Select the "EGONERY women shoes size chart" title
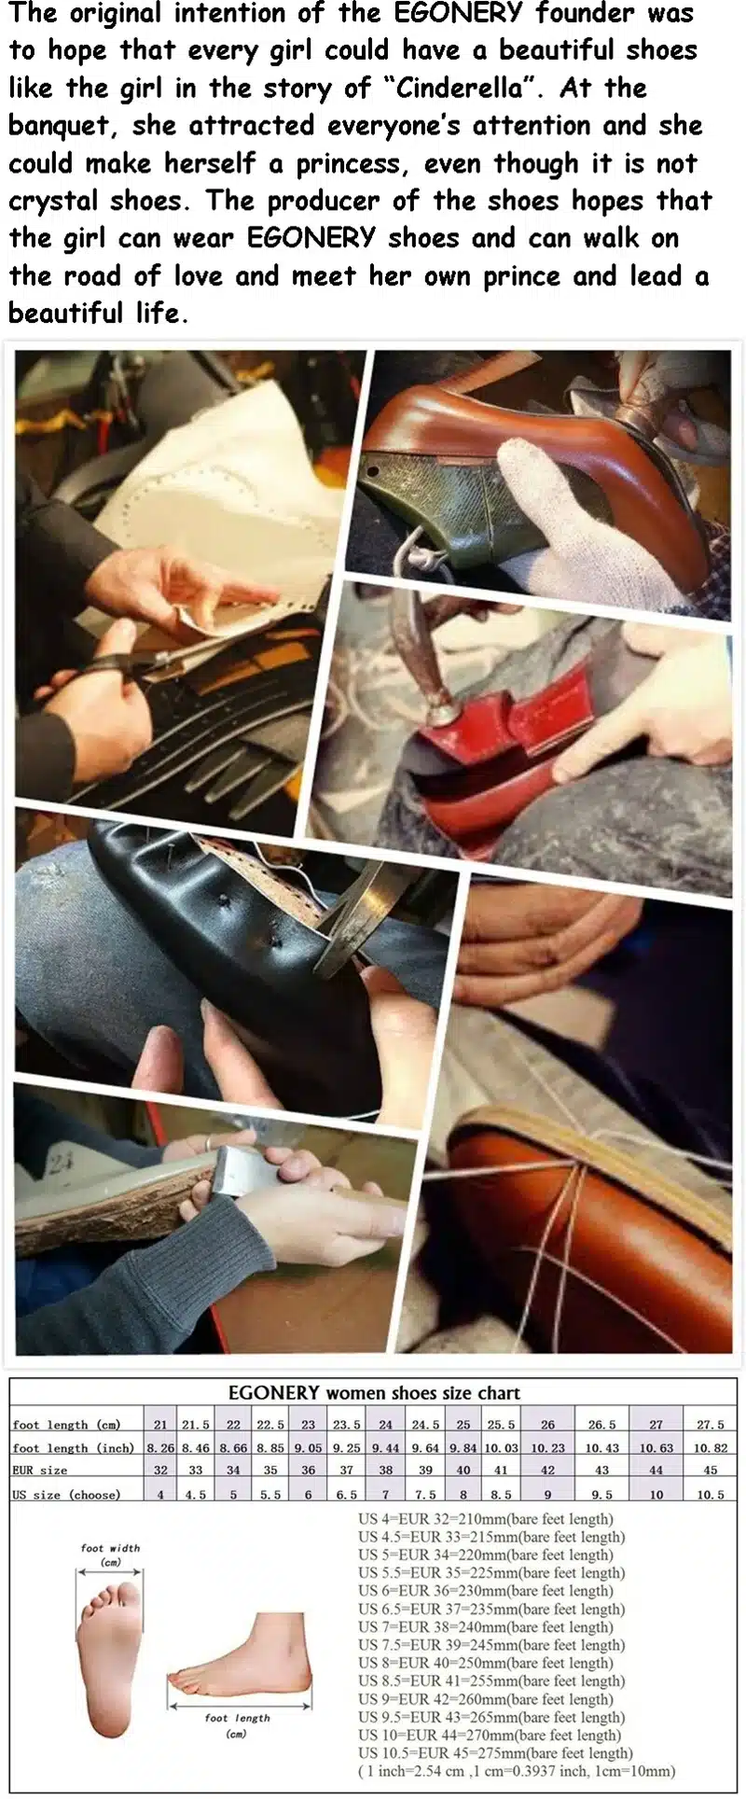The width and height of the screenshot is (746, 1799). [374, 1392]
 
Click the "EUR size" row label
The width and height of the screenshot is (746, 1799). [39, 1470]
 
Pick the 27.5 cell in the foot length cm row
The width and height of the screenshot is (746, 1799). [710, 1425]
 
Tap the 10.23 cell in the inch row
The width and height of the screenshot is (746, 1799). [547, 1447]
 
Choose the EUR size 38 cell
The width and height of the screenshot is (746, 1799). [385, 1470]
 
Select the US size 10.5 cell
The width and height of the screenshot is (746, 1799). [710, 1494]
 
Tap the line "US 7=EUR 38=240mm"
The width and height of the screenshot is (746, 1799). [491, 1626]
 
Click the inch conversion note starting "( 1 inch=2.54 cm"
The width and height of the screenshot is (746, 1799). [517, 1771]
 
